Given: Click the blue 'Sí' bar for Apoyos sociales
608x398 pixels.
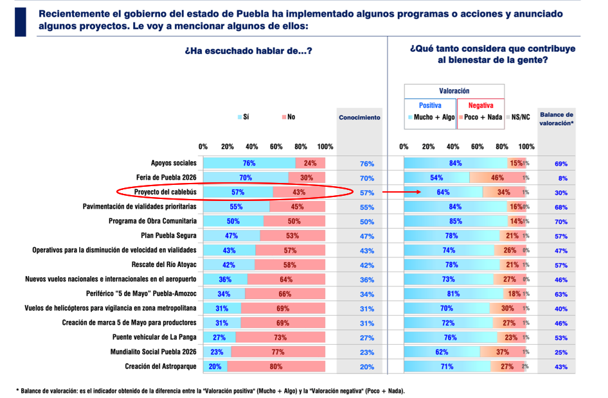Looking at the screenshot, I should click(x=249, y=163).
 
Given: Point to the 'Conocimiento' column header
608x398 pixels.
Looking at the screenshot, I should click(x=359, y=117).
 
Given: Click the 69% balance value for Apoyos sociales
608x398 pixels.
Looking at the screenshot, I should click(x=561, y=164).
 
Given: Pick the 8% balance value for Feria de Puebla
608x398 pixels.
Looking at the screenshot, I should click(x=561, y=178).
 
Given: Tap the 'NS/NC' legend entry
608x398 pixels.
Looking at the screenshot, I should click(x=519, y=117).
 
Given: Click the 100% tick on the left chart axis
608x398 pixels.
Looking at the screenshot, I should click(x=325, y=146).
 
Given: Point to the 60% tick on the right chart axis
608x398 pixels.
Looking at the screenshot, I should click(x=478, y=146).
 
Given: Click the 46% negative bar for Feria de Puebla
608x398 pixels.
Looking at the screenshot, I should click(x=497, y=177).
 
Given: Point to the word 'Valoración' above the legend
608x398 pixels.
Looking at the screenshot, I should click(x=454, y=91).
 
